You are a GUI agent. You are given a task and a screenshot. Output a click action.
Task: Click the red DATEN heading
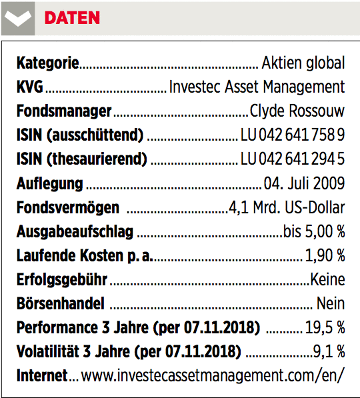point(72,18)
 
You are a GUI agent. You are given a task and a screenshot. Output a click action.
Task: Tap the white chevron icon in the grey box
point(18,19)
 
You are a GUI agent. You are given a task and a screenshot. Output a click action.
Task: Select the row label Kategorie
point(48,63)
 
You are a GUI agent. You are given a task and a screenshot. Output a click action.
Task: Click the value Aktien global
point(303,63)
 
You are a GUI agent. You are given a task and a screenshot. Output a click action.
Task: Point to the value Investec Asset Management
point(257,87)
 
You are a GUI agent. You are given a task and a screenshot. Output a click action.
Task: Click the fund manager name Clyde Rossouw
point(297,111)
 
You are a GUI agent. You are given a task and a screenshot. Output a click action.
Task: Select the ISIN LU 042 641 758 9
point(293,135)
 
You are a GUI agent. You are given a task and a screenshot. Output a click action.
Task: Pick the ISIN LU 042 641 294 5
point(293,159)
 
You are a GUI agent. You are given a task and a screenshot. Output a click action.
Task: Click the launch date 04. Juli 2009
point(304,183)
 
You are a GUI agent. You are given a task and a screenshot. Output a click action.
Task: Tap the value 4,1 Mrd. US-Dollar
point(287,207)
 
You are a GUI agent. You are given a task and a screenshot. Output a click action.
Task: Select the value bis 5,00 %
point(314,231)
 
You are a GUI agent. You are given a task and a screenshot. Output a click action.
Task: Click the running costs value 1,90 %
point(325,255)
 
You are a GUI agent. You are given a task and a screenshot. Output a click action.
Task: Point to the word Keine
point(327,279)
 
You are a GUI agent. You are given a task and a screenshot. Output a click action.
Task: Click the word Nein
point(331,303)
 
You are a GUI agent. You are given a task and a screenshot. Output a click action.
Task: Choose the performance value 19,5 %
point(325,327)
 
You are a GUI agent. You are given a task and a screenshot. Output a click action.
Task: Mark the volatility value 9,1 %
point(329,351)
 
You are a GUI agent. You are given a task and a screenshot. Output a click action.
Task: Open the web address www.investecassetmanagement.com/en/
point(213,375)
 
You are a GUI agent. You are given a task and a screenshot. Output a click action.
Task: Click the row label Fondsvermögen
point(68,207)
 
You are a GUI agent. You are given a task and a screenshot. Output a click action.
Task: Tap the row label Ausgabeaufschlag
point(75,232)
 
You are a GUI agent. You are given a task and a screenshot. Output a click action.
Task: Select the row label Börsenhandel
point(61,303)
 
